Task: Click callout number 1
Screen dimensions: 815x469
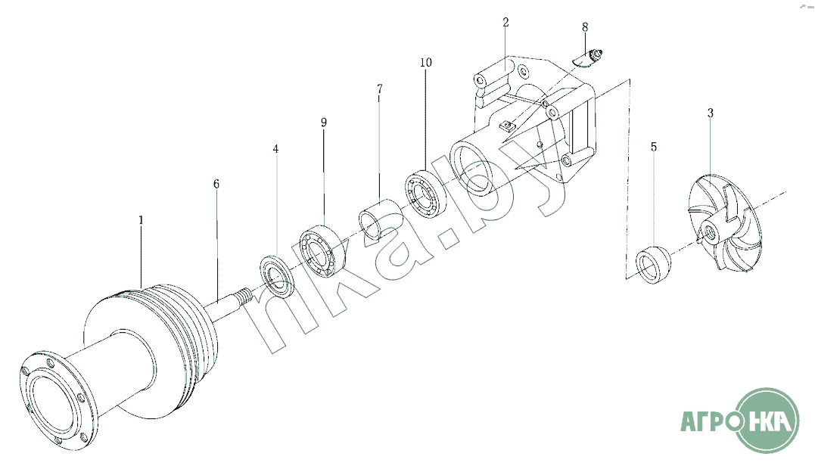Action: coord(141,220)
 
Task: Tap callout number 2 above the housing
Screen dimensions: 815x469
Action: coord(505,23)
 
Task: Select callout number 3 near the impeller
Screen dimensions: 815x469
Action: coord(711,113)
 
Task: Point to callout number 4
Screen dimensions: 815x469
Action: coord(275,149)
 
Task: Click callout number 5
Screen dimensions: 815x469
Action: coord(654,147)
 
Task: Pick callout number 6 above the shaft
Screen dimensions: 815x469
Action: coord(216,184)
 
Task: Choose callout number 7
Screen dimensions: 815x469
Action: coord(380,89)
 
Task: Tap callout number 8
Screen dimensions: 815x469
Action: coord(585,27)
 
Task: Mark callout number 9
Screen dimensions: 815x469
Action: coord(324,123)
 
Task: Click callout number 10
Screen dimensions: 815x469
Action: coord(426,62)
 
